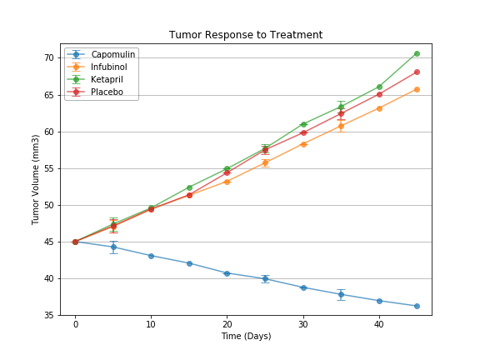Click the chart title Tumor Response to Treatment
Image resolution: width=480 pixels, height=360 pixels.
pos(246,35)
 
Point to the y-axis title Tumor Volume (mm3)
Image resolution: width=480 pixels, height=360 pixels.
pos(36,179)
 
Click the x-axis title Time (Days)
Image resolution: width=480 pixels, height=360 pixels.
pos(246,336)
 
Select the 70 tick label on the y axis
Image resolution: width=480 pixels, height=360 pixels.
pos(49,58)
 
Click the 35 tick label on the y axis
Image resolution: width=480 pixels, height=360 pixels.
pos(49,316)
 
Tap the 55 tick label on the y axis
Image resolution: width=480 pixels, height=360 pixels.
pos(49,168)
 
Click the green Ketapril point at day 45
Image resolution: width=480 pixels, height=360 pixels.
pos(417,53)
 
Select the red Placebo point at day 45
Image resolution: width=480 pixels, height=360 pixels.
pos(417,72)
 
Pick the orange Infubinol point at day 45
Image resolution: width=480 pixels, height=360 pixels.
pos(417,89)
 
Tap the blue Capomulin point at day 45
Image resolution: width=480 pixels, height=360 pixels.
pos(417,306)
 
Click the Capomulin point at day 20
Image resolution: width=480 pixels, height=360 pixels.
pos(227,273)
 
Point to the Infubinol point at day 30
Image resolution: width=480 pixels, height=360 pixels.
pos(303,144)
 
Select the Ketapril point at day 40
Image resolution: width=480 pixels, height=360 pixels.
pos(379,87)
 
